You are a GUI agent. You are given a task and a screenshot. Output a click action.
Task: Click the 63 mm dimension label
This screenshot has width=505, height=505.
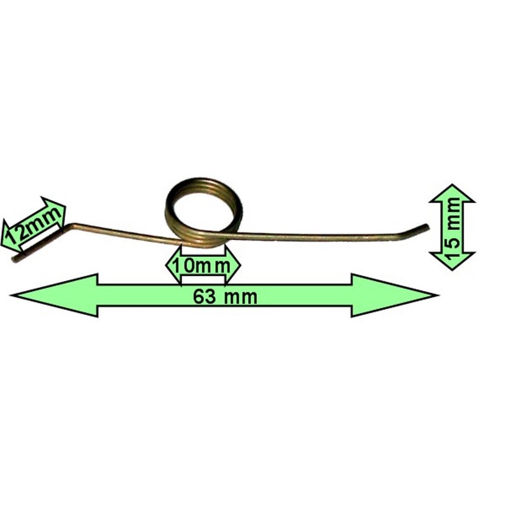[x=225, y=296]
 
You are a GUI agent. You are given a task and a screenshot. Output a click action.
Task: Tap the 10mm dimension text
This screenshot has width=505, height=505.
[x=201, y=265]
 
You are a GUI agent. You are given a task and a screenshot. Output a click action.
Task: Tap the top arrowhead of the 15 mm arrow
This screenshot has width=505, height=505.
[x=452, y=192]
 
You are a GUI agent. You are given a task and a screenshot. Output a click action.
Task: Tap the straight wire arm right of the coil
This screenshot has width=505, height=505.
[x=316, y=236]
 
